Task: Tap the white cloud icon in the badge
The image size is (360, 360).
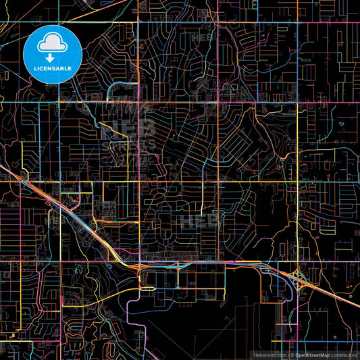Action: click(53, 44)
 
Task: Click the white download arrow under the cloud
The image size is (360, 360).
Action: click(53, 57)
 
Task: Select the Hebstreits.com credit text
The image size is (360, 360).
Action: click(268, 355)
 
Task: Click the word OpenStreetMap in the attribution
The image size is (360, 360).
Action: click(312, 355)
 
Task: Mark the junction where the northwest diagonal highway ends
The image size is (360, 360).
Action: click(138, 266)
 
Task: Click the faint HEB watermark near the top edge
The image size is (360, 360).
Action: click(203, 37)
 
